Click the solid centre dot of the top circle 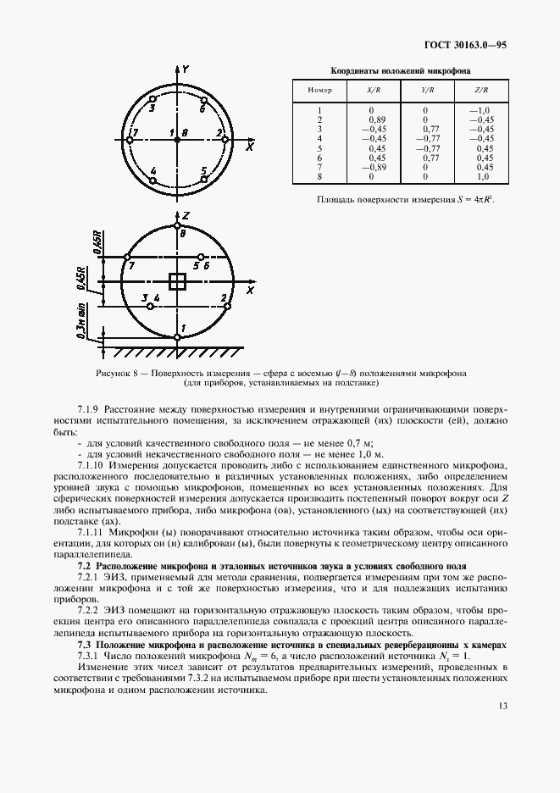point(177,140)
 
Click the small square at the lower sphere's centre point(177,282)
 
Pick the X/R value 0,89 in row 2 point(377,119)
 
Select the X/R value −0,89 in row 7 point(374,167)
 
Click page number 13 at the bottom point(502,706)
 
